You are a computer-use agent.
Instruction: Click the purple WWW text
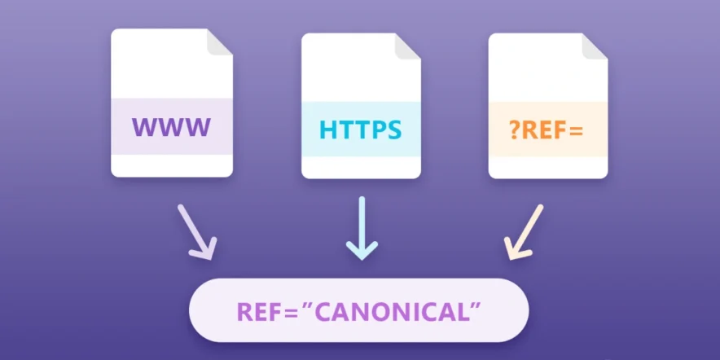[x=172, y=127]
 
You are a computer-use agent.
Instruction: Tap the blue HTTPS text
[x=360, y=130]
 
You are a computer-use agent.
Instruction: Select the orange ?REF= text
[x=547, y=130]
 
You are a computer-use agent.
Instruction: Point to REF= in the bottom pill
[x=263, y=310]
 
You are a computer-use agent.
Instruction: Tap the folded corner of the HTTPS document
[x=409, y=45]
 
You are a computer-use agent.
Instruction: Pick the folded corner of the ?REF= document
[x=595, y=46]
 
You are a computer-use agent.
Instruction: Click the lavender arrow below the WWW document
[x=197, y=231]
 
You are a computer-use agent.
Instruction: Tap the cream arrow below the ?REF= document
[x=523, y=232]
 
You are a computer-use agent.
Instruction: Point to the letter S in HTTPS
[x=393, y=130]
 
